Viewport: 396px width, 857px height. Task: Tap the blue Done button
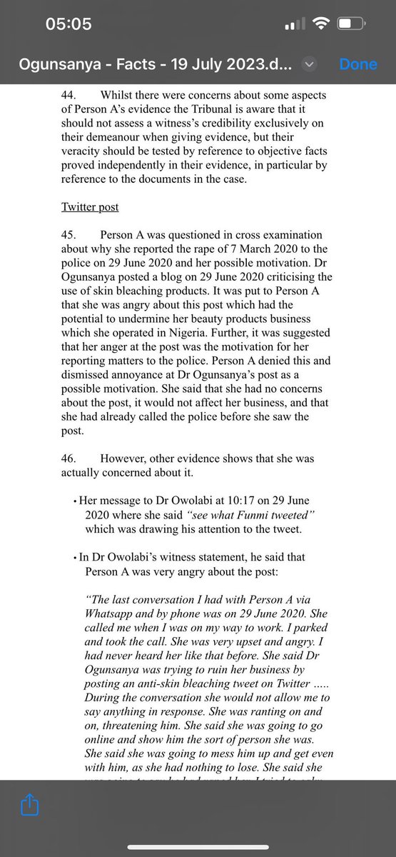click(x=357, y=64)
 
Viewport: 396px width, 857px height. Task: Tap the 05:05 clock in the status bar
click(x=68, y=24)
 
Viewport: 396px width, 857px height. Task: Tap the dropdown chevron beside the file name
click(x=309, y=64)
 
